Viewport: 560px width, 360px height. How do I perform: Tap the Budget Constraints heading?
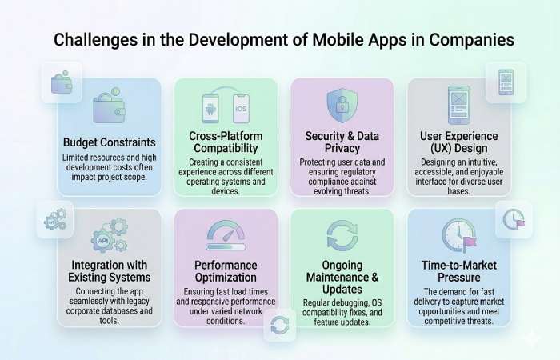[x=110, y=142]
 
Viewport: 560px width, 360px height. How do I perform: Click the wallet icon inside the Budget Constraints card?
[x=110, y=108]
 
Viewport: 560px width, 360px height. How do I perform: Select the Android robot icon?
[x=210, y=109]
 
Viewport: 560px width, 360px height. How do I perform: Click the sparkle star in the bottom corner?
[x=529, y=338]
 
